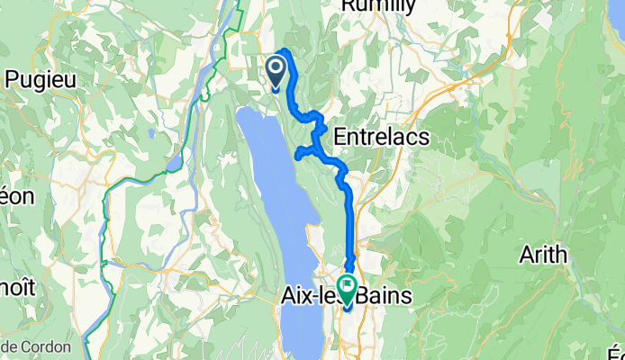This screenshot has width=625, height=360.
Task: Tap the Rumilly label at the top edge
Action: tap(377, 7)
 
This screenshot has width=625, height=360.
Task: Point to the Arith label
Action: tap(543, 255)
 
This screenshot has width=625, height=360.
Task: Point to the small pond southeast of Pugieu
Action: tap(174, 164)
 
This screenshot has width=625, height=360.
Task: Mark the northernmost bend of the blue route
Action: tap(286, 50)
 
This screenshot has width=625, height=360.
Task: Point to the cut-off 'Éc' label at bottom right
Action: tap(617, 354)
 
